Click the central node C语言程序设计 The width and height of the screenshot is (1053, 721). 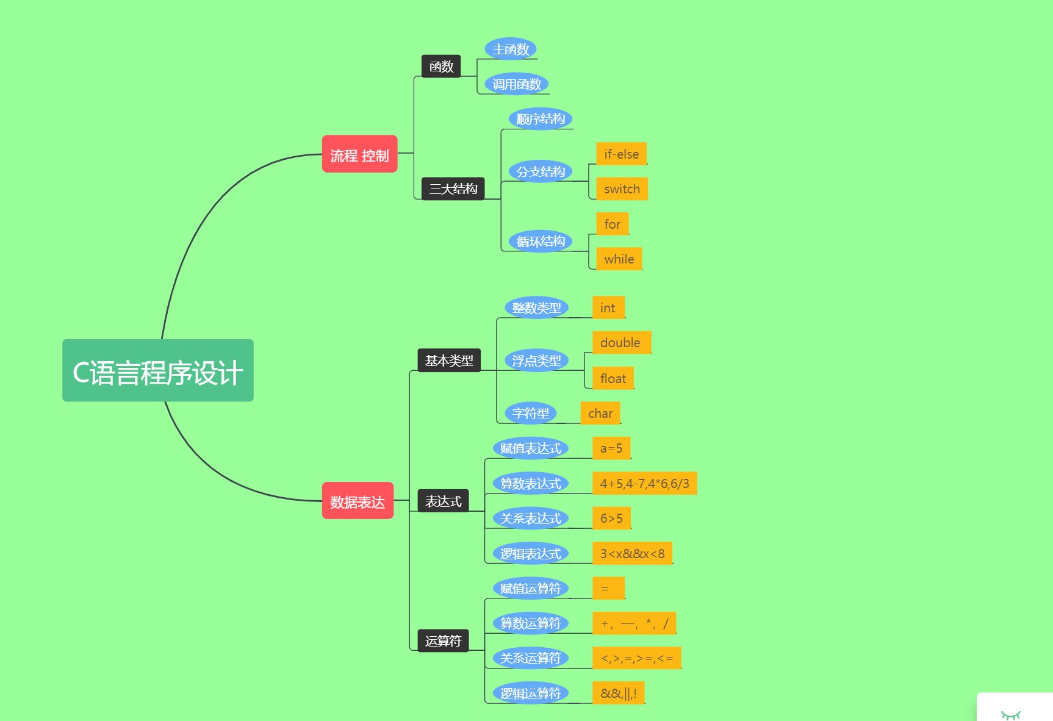tap(157, 370)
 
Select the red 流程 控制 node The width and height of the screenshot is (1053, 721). tap(359, 154)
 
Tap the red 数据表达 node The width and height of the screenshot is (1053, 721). tap(358, 501)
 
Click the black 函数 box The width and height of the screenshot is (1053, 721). tap(440, 66)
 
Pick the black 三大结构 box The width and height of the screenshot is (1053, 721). tap(453, 188)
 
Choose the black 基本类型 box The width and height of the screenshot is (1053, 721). tap(449, 360)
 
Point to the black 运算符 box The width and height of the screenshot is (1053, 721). tap(443, 640)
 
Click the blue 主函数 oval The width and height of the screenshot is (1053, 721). tap(511, 49)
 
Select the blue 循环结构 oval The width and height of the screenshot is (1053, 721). tap(541, 241)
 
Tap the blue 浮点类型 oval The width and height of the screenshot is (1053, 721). tap(536, 360)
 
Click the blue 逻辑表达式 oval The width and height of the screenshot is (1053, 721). tap(530, 553)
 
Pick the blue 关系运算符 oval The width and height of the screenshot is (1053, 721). tap(530, 658)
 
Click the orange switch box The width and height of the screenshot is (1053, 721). tap(622, 189)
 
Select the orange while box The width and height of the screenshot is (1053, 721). tap(619, 259)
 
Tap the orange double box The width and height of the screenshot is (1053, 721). tap(621, 342)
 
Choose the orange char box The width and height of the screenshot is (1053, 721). tap(600, 413)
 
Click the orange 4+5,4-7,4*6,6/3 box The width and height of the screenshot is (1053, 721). tap(644, 483)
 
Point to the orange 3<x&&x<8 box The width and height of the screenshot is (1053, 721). tap(632, 553)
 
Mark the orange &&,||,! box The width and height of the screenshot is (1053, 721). tap(618, 693)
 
